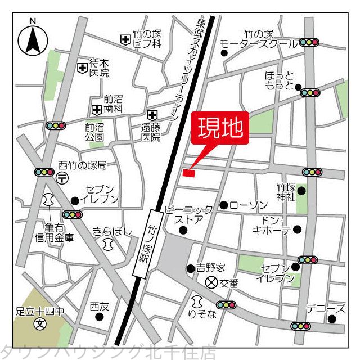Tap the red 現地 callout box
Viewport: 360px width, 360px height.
(219, 128)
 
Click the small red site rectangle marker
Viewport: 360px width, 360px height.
(188, 173)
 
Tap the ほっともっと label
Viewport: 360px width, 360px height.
(280, 81)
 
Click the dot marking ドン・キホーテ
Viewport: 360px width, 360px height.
(297, 229)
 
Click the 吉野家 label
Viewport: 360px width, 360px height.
(211, 268)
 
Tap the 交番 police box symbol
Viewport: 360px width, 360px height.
(212, 282)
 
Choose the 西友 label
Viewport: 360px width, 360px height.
(99, 307)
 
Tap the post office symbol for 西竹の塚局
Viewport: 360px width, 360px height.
(62, 178)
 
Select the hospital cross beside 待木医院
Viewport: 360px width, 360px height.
(83, 68)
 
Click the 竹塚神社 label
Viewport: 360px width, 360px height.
(287, 191)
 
